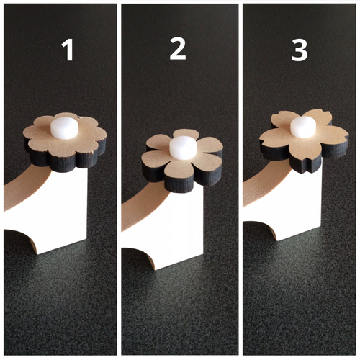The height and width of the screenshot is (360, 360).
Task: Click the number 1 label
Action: [68, 50]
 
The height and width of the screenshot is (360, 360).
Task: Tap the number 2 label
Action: [178, 49]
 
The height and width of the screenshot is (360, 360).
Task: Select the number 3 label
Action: [300, 50]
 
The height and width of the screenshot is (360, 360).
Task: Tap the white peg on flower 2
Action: [183, 148]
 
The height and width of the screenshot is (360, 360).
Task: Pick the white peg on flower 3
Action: [303, 127]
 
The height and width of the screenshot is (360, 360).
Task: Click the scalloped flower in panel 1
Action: [65, 142]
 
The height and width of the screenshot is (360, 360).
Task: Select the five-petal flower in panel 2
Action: [182, 160]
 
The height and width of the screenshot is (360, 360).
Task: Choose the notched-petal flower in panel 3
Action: [305, 140]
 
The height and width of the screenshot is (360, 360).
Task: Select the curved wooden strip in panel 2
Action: [144, 207]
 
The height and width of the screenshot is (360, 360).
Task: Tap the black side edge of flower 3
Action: [305, 164]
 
